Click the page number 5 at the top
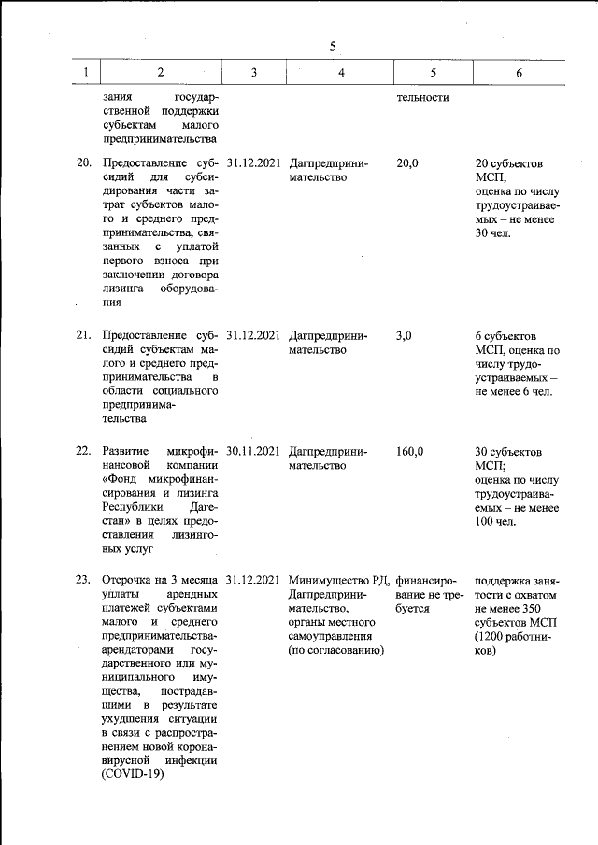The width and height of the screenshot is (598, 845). click(x=333, y=47)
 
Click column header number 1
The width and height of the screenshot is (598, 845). click(x=85, y=73)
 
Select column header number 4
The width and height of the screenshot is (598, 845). click(x=341, y=73)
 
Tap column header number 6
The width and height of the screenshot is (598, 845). click(x=519, y=73)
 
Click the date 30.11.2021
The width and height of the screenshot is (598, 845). click(x=253, y=451)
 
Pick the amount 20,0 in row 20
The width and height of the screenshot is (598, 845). click(x=407, y=163)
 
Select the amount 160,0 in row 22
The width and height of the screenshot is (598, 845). click(x=410, y=451)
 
